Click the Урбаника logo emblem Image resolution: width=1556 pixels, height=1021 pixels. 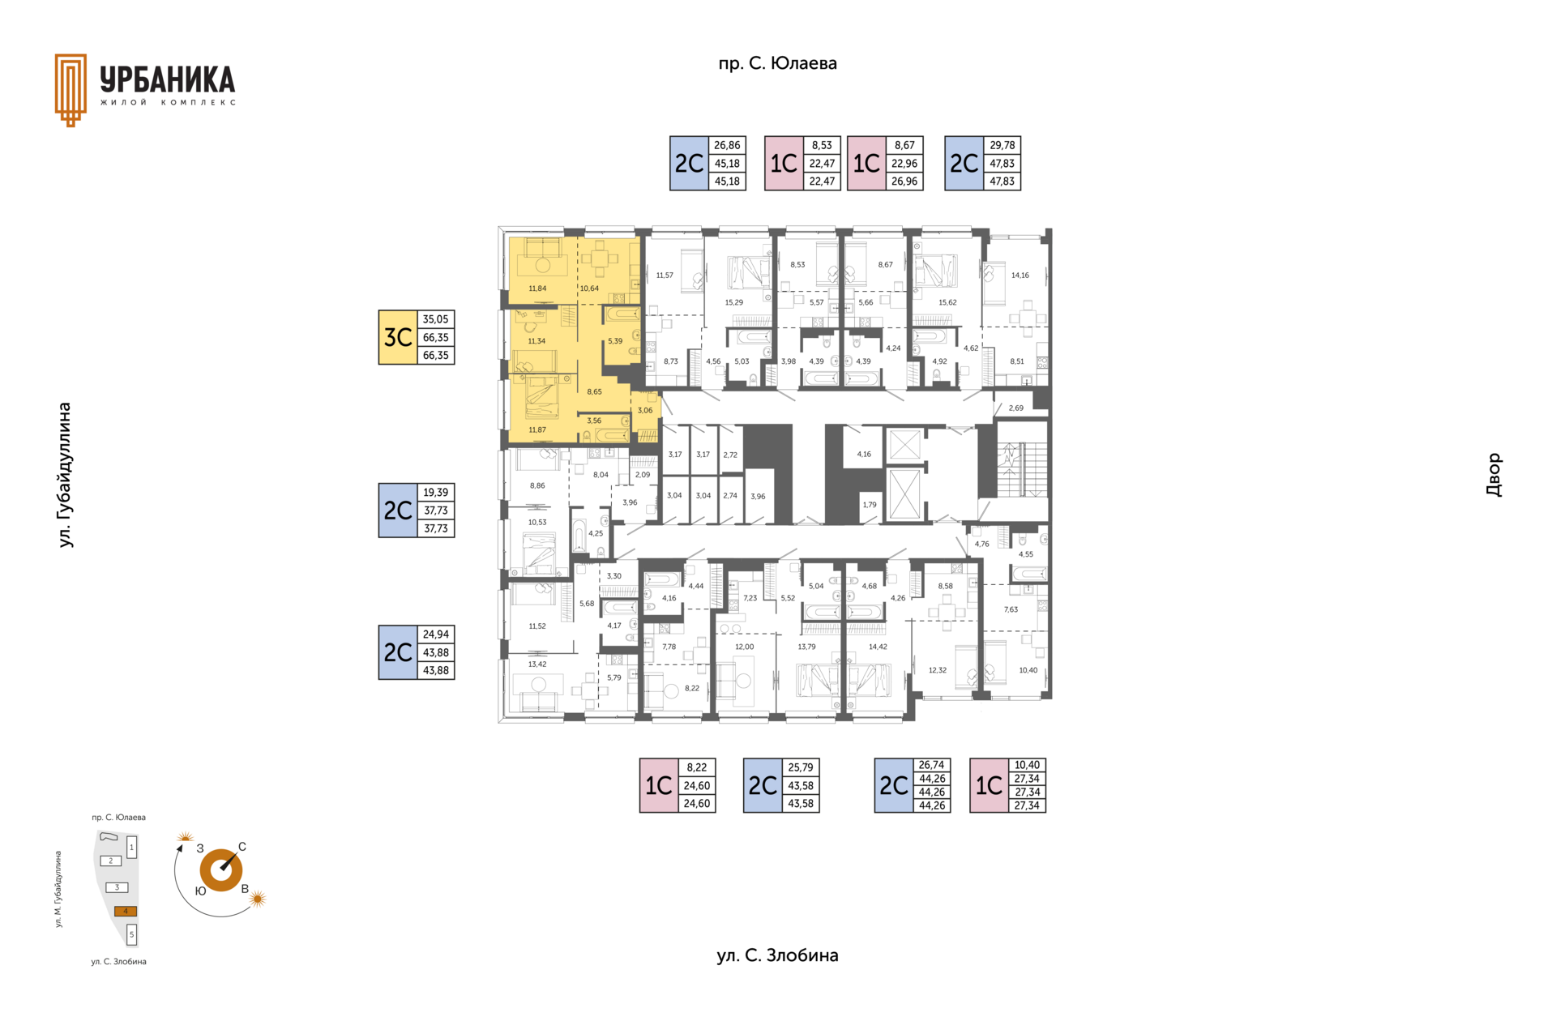coord(71,90)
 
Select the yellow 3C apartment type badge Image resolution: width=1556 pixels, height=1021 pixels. coord(398,337)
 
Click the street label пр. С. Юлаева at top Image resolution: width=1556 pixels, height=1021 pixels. coord(777,63)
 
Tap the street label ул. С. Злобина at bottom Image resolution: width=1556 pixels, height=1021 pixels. coord(777,955)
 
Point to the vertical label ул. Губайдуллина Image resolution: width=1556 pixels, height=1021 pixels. coord(65,475)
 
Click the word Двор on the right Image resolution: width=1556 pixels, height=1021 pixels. coord(1494,475)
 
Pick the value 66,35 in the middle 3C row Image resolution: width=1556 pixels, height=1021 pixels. coord(436,337)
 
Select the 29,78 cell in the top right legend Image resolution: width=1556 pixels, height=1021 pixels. coord(1002,145)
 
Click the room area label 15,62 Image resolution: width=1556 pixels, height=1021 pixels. coord(947,302)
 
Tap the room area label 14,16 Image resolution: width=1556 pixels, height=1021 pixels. coord(1020,276)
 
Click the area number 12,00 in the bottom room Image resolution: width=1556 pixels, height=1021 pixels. coord(744,647)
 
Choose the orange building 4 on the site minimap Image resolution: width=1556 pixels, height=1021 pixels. coord(125,911)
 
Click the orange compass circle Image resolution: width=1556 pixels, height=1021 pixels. coord(221,870)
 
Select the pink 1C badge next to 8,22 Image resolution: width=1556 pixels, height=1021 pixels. coord(659,785)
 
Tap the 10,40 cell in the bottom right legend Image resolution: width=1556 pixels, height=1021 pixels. coord(1027,765)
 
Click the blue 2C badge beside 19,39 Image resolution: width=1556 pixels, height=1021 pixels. coord(398,510)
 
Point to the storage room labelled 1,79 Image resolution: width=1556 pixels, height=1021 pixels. coord(870,506)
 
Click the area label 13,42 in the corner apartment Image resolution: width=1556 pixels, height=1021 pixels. coord(537,664)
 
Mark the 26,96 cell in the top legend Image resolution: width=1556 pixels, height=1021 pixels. coord(904,182)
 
